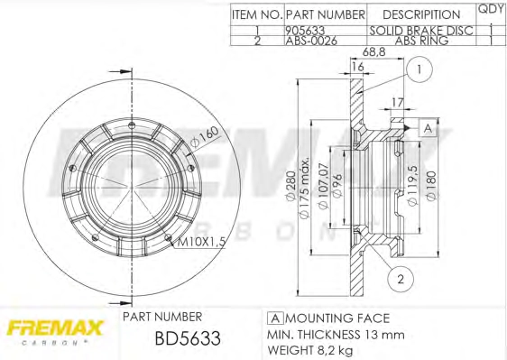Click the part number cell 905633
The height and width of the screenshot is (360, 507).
[305, 31]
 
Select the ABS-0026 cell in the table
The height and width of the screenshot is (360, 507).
[311, 41]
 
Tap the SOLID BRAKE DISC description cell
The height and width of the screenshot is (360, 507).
[421, 31]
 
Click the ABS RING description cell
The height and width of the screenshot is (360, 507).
[421, 41]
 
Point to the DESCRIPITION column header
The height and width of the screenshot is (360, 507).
[421, 14]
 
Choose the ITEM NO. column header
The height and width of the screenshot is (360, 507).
[257, 14]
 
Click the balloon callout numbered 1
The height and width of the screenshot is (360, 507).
[419, 69]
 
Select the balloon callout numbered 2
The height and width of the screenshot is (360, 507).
[401, 279]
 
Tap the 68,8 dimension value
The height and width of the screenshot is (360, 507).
[373, 51]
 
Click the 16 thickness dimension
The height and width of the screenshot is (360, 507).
[357, 66]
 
